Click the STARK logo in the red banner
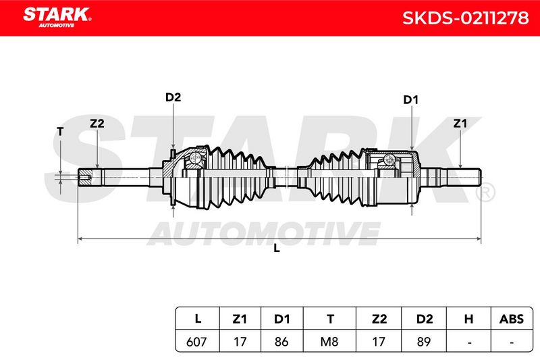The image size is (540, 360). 57,17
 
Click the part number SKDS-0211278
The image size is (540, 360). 465,18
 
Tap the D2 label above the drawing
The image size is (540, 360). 173,97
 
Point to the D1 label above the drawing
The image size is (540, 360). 410,100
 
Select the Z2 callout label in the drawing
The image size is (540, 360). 97,124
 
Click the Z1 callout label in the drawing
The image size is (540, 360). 460,124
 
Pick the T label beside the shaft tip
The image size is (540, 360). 60,131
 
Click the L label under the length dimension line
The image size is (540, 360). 277,248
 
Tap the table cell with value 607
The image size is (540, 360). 196,342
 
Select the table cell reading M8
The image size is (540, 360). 329,342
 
